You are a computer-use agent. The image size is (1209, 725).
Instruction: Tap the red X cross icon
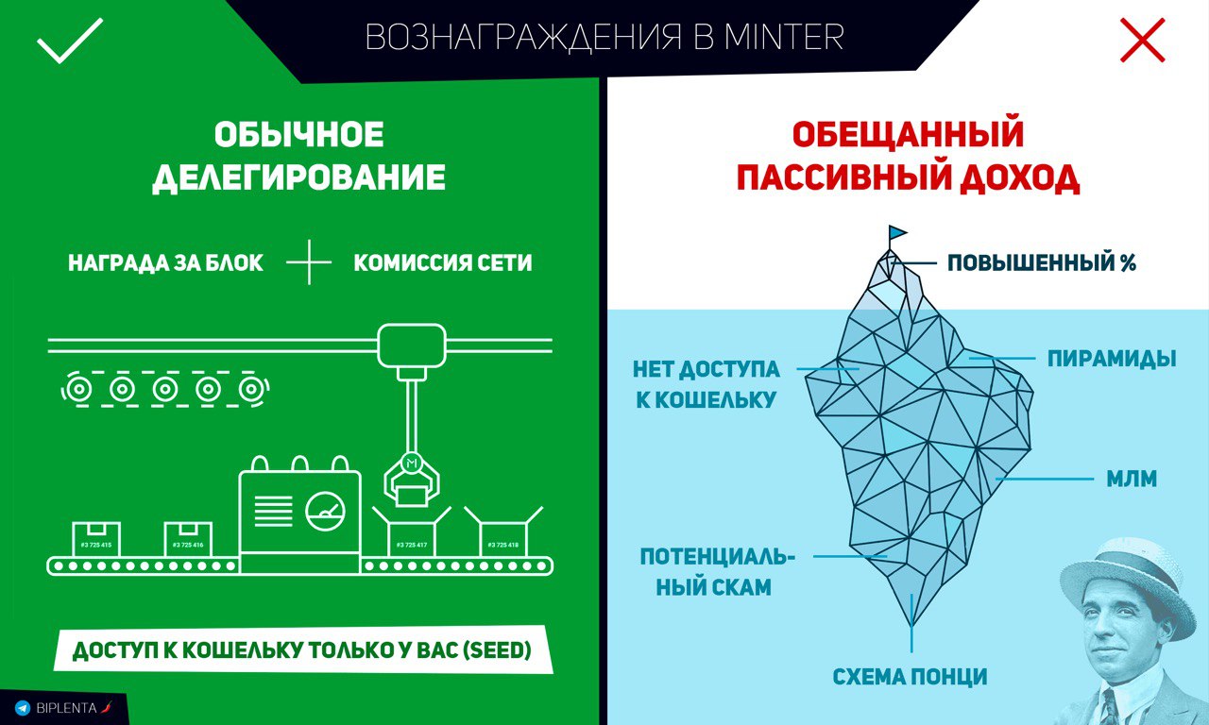(1142, 40)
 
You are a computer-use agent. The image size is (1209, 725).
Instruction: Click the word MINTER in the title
(784, 37)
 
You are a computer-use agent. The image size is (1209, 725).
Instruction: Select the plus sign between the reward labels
(309, 262)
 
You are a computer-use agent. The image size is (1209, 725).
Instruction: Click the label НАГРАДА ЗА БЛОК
(165, 262)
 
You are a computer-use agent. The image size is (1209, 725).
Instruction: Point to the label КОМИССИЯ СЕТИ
(443, 262)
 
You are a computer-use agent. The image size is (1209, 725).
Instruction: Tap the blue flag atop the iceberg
(897, 232)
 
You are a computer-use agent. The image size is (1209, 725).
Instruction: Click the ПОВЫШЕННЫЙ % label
(1042, 262)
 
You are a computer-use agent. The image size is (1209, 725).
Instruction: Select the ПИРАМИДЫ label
(1112, 359)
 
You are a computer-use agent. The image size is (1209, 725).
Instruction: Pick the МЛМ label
(1132, 479)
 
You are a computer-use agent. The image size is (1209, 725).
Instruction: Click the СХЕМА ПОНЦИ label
(910, 677)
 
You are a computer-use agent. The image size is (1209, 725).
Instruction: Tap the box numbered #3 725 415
(96, 538)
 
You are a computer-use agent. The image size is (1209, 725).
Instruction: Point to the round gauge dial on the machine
(325, 511)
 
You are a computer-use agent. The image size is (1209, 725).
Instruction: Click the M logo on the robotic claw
(413, 463)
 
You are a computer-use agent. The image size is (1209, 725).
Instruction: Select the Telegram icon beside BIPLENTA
(22, 708)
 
